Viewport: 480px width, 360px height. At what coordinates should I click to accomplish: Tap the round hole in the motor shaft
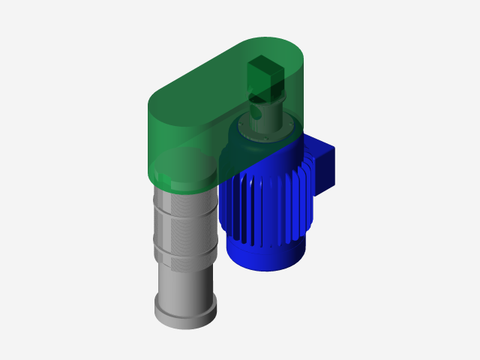click(256, 115)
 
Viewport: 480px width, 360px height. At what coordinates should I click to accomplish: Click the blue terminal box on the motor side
click(323, 166)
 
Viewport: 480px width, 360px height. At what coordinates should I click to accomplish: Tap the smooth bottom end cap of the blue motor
click(269, 255)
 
